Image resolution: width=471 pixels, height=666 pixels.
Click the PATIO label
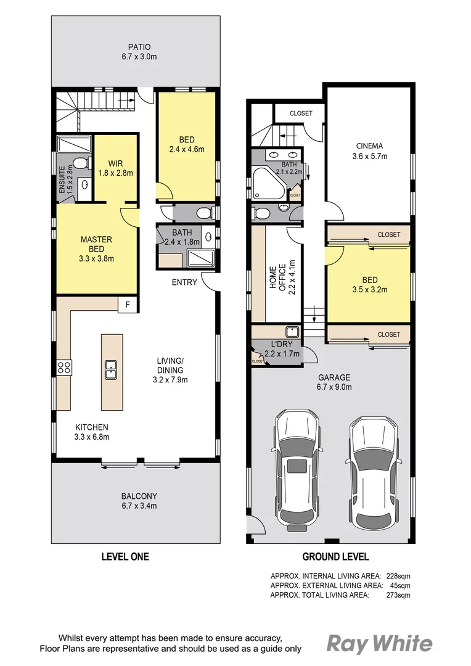[x=139, y=52]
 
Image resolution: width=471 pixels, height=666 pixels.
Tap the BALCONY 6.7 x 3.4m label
[x=139, y=501]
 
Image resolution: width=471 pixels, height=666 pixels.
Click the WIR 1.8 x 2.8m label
[x=113, y=168]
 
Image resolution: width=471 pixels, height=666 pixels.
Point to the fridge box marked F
[x=128, y=305]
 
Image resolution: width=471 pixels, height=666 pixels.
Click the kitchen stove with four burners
[x=64, y=368]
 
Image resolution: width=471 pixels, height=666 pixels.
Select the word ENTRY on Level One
[x=184, y=282]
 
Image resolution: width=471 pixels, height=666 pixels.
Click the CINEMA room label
[x=369, y=151]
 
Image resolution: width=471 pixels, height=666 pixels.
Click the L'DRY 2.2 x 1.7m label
[x=282, y=350]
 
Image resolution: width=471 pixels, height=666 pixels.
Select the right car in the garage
[x=374, y=472]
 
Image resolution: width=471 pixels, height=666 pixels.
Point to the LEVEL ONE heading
[x=125, y=557]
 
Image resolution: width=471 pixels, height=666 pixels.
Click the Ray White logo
[x=379, y=643]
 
